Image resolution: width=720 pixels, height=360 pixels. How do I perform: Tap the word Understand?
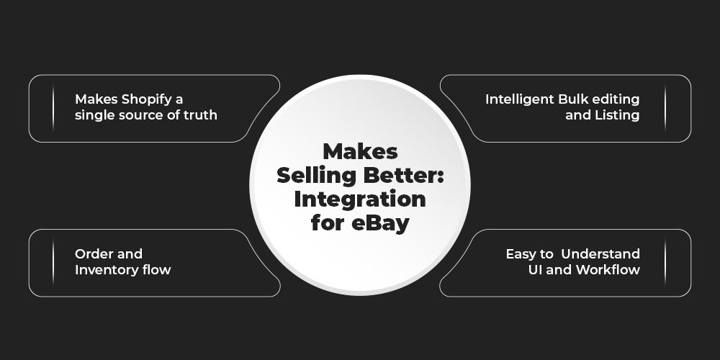(600, 253)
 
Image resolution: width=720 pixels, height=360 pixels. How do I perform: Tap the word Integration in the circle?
(360, 199)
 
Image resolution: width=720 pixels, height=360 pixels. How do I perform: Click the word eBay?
(380, 224)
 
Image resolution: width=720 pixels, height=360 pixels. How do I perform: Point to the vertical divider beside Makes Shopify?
(53, 109)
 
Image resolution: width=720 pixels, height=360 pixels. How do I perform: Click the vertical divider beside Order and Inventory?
(53, 263)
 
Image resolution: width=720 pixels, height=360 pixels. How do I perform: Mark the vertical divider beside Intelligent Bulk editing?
(665, 109)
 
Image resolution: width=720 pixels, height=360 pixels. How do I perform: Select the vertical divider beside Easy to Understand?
(665, 263)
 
